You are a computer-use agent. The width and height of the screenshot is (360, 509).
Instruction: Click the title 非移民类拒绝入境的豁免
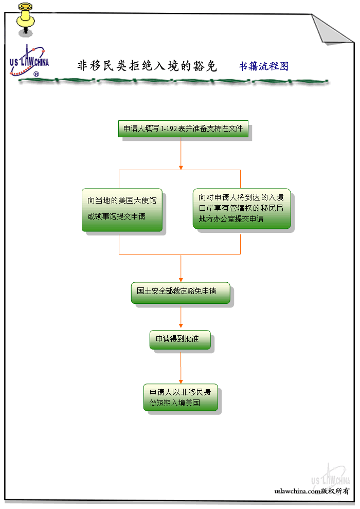(147, 66)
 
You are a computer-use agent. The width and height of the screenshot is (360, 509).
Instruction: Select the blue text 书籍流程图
(263, 66)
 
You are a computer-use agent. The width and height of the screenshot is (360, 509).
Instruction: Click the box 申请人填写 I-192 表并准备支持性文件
(183, 129)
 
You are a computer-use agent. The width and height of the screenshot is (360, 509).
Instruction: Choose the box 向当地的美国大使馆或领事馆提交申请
(122, 209)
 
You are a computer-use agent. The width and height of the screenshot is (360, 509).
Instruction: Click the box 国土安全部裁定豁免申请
(180, 292)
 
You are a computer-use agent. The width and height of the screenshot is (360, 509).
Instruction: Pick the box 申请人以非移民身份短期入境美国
(180, 397)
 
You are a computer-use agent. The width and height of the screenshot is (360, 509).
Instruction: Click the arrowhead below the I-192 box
(181, 167)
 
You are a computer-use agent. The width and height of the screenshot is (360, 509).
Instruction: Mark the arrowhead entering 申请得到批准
(181, 325)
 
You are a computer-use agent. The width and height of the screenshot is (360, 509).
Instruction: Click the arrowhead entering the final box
(181, 380)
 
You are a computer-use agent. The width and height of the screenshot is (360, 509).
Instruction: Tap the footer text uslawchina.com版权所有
(312, 491)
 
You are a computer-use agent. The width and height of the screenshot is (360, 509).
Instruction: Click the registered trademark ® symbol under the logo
(36, 75)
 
